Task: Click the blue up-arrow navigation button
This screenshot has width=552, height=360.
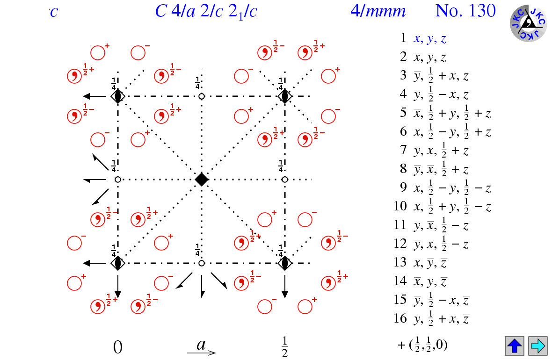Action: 514,346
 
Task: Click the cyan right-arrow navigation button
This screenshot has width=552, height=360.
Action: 537,346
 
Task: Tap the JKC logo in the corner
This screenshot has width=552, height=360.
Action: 528,22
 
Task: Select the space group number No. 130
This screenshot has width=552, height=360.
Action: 465,11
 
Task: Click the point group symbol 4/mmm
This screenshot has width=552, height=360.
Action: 378,11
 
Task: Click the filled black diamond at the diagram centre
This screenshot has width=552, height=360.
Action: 201,179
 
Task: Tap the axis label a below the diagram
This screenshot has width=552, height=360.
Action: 201,345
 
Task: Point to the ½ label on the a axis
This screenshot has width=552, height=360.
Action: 284,346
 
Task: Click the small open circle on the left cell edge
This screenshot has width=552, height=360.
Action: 118,179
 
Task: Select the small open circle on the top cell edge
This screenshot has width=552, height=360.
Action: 202,96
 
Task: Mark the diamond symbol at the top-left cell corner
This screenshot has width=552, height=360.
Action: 118,96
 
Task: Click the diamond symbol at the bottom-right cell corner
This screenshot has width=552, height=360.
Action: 284,263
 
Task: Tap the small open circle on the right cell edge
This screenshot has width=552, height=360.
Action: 284,179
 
